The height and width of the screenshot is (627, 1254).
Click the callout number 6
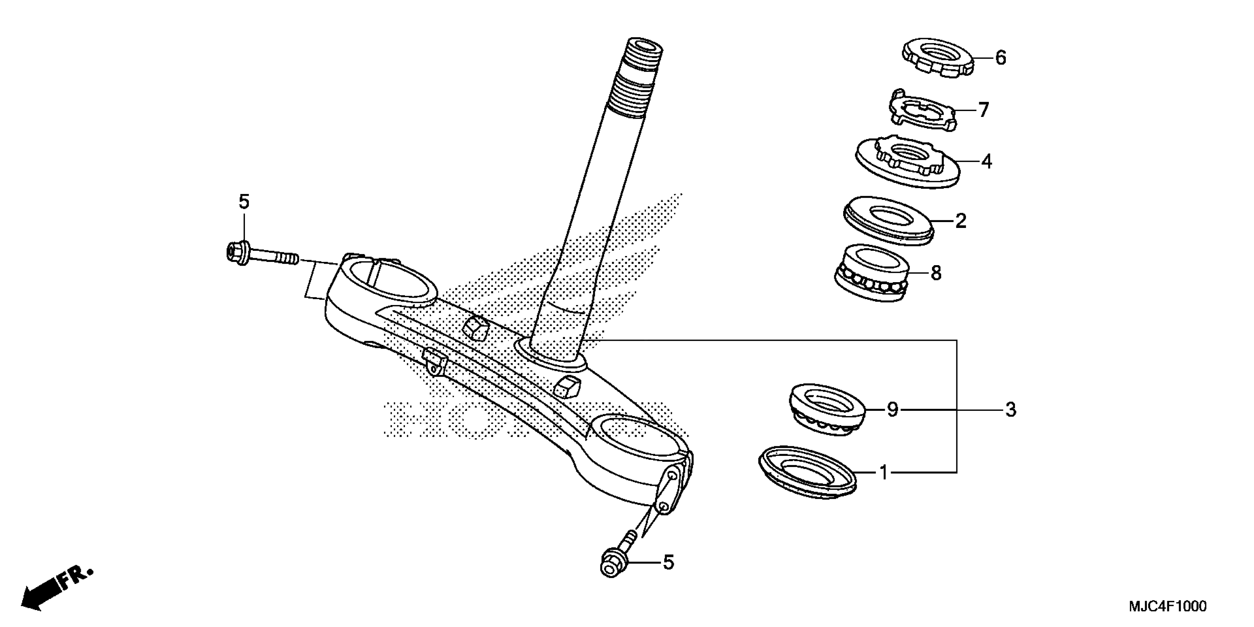tap(1000, 58)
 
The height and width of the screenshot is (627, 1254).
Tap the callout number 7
tap(984, 110)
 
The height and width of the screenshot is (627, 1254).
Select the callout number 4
tap(986, 161)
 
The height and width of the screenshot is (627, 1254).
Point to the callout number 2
tap(960, 221)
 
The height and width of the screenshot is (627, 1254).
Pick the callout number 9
tap(892, 409)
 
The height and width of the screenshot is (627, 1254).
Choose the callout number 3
tap(1011, 410)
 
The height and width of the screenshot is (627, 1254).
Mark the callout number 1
tap(884, 472)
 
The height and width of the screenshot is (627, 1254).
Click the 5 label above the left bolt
tap(244, 201)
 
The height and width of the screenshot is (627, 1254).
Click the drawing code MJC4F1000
tap(1167, 606)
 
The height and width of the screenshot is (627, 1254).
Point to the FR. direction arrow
tap(56, 589)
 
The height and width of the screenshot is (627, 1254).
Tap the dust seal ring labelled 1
tap(807, 472)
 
